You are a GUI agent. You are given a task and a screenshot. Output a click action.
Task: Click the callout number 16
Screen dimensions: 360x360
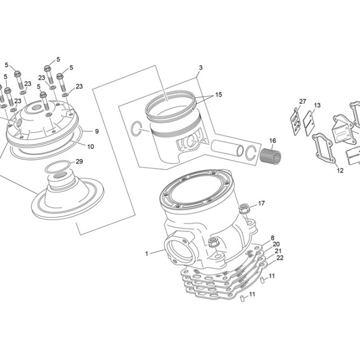click(x=273, y=141)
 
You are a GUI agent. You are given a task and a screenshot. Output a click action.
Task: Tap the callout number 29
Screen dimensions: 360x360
click(x=79, y=162)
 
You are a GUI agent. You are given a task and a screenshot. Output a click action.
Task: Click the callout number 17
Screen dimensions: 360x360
click(x=261, y=203)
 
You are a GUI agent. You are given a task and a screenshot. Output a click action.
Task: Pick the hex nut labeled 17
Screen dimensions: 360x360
click(x=243, y=208)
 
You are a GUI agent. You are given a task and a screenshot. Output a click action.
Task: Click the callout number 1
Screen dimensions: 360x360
click(x=146, y=254)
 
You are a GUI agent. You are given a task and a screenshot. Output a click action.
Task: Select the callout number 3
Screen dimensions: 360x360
click(x=201, y=68)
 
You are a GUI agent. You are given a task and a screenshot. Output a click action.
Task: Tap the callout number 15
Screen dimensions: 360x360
click(x=218, y=95)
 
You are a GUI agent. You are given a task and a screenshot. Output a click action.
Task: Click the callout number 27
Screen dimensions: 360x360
click(x=303, y=102)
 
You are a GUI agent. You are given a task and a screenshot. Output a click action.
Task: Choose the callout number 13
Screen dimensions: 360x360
click(x=317, y=105)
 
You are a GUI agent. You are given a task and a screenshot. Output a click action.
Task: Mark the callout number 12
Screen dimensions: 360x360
click(x=340, y=170)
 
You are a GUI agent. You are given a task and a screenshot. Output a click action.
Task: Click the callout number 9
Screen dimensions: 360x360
click(x=97, y=131)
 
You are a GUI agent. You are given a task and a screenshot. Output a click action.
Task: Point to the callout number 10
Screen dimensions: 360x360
click(x=91, y=146)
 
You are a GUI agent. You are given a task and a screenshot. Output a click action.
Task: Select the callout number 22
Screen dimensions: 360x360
click(x=280, y=258)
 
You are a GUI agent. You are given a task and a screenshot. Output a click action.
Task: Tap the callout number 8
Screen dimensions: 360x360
click(x=273, y=238)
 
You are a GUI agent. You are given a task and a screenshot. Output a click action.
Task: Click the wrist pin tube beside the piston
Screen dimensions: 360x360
click(x=227, y=147)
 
